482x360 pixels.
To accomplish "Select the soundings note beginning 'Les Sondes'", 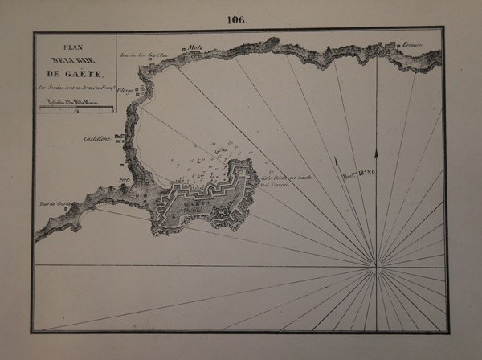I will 76,88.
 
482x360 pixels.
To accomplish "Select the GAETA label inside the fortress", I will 193,204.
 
